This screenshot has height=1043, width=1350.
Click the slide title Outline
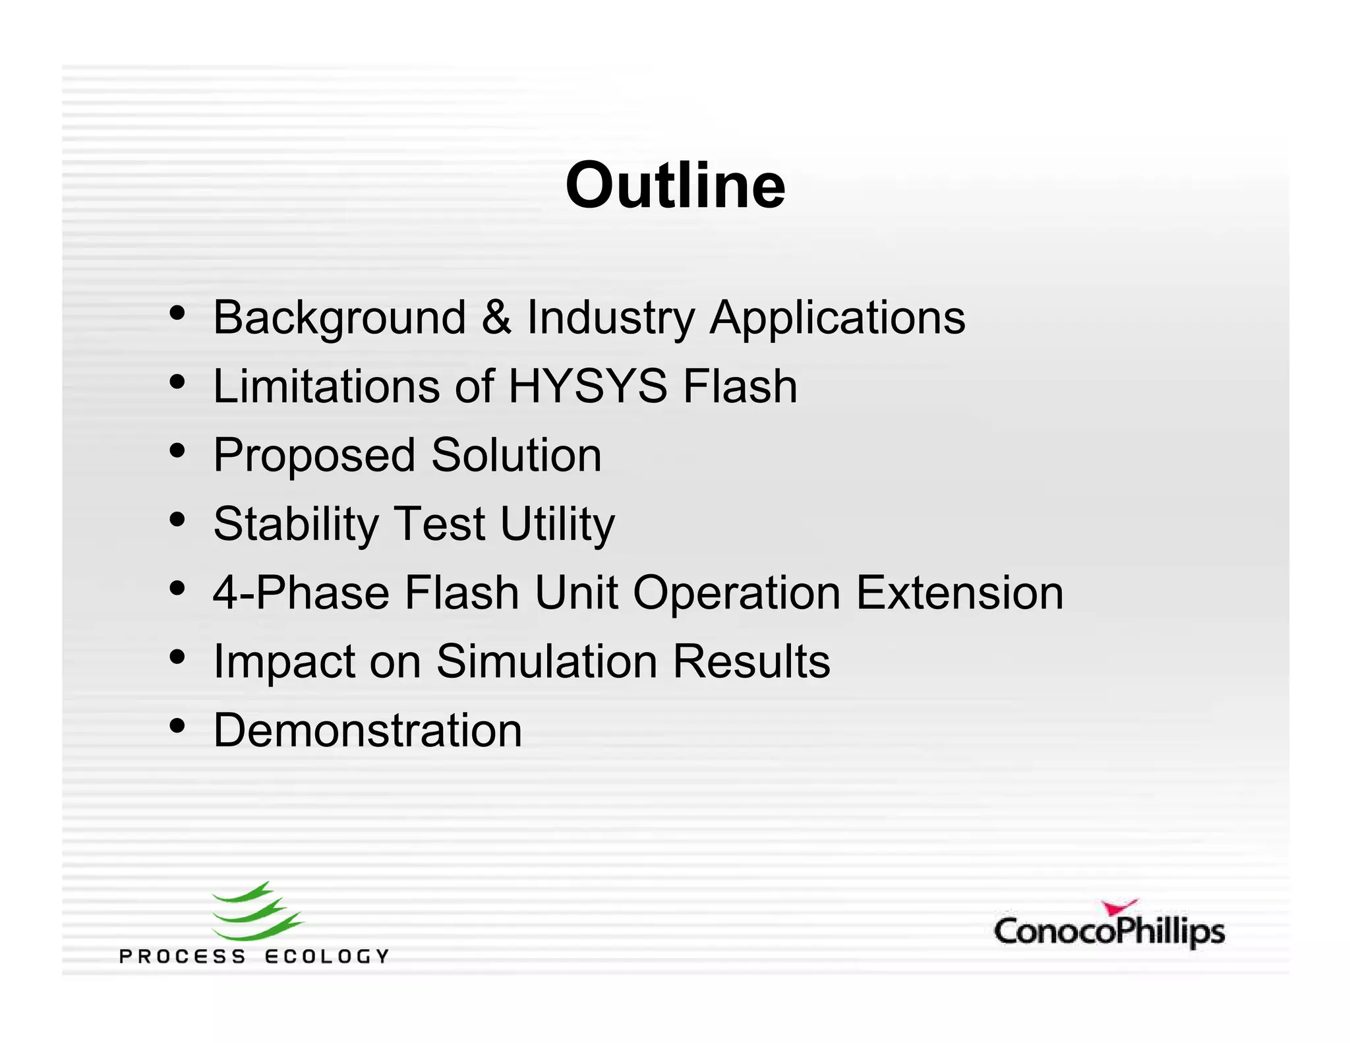click(675, 187)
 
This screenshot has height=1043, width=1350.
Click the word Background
click(339, 318)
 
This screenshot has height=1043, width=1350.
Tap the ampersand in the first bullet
click(496, 317)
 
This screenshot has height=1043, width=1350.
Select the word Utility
click(557, 525)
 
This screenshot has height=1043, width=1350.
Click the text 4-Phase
click(301, 593)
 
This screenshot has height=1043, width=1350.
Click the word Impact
click(283, 663)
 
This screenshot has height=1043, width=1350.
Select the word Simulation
click(546, 661)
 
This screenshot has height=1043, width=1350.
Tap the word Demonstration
click(368, 730)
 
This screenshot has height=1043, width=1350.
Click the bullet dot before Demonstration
click(177, 725)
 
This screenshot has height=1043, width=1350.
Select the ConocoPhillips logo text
click(1109, 932)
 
